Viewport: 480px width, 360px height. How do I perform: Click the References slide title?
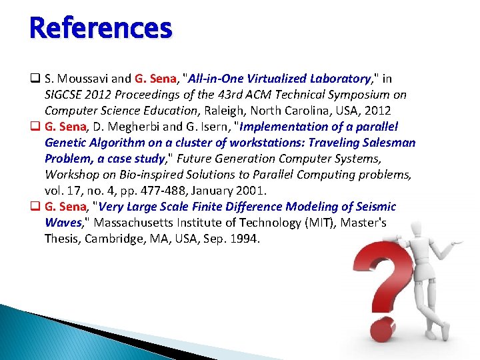coord(101,29)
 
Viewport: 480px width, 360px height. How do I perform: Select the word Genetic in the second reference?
coord(66,143)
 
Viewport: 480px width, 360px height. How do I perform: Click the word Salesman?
coord(390,143)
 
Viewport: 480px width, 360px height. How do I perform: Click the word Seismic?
coord(371,207)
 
